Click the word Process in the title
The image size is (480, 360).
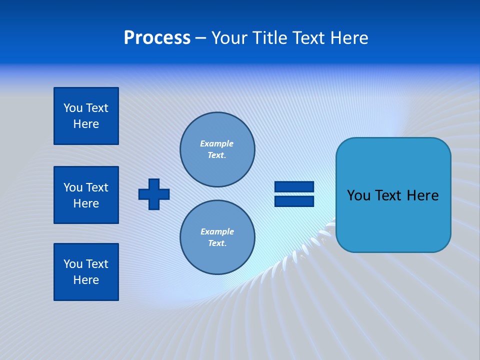click(x=157, y=38)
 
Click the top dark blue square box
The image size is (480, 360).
click(x=86, y=116)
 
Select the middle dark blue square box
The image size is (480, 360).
click(x=86, y=195)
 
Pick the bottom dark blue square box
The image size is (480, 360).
click(x=86, y=272)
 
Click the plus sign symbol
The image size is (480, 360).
click(x=154, y=194)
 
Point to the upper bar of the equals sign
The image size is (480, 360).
click(x=294, y=186)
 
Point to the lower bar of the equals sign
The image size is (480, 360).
click(x=294, y=201)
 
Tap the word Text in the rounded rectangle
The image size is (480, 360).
click(x=390, y=195)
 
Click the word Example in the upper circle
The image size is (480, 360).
click(x=216, y=143)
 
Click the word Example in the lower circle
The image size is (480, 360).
click(x=217, y=231)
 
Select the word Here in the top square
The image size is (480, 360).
click(x=86, y=124)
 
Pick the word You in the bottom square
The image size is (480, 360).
click(x=73, y=264)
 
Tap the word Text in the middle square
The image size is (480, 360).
click(x=97, y=187)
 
